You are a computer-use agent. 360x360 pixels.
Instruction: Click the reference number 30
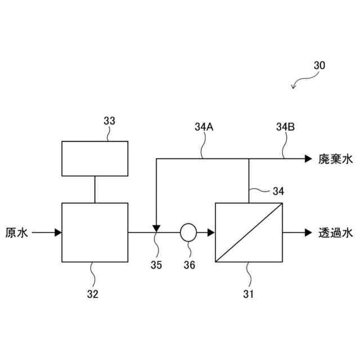tap(318, 65)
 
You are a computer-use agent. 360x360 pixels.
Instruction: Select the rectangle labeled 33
tap(94, 159)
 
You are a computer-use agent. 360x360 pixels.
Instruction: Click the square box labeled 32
tap(94, 232)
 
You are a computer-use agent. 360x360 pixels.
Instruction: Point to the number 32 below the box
tap(92, 293)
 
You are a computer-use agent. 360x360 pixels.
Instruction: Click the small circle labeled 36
tap(187, 232)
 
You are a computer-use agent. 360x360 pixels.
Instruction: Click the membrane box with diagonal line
tap(249, 232)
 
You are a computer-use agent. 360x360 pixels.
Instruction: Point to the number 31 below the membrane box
tap(248, 293)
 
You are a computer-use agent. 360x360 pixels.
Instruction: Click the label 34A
tap(203, 127)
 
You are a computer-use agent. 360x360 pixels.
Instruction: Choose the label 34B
tap(285, 127)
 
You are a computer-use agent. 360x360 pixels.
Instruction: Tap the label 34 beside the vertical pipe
tap(278, 192)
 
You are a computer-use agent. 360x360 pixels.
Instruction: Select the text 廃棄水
tap(336, 159)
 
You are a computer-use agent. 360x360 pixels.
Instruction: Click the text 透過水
tap(336, 232)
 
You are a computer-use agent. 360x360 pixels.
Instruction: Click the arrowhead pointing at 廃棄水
tap(308, 159)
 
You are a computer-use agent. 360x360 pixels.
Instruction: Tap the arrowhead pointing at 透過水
tap(308, 232)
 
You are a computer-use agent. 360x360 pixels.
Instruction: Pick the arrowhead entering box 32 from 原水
tap(57, 232)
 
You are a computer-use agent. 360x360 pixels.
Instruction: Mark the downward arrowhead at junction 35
tap(156, 227)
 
